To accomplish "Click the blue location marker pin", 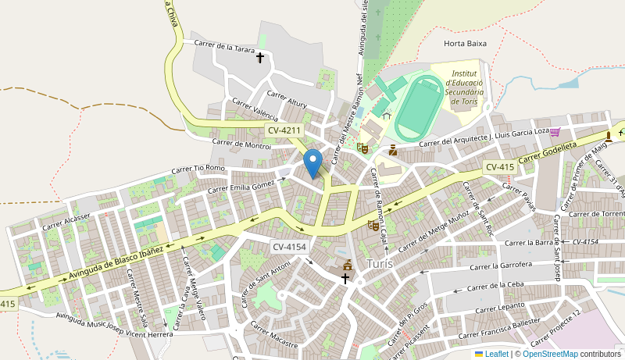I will (x=312, y=163).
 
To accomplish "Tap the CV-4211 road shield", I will (x=283, y=130).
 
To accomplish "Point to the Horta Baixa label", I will (x=465, y=44).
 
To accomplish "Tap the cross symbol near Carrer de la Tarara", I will (x=260, y=57).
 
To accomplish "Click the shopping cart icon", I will (x=555, y=132).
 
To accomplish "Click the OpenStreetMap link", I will (x=550, y=354).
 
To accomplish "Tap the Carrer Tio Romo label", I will (x=198, y=168).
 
